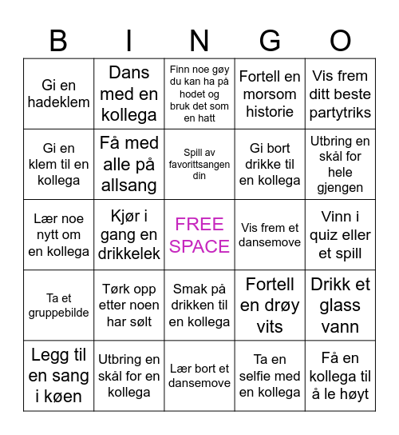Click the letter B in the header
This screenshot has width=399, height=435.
point(58,40)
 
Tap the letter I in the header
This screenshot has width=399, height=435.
point(129,40)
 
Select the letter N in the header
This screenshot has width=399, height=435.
point(199,40)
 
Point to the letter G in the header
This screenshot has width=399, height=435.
point(270,40)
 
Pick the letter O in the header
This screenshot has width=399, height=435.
point(341,40)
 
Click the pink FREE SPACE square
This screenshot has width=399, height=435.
point(199,235)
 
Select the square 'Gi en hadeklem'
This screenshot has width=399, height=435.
point(58,94)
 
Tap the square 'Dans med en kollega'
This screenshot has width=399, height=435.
point(129,94)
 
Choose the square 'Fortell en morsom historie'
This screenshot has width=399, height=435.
point(270,94)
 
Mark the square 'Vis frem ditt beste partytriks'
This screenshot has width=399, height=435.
point(341,94)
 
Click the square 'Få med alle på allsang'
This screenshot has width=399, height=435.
point(129,164)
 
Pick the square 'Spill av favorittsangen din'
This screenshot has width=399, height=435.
point(199,164)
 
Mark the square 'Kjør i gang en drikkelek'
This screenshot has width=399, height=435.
point(129,235)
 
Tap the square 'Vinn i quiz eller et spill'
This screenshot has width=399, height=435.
point(341,235)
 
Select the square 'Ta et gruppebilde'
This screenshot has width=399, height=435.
point(58,305)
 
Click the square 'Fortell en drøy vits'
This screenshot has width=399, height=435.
point(270,305)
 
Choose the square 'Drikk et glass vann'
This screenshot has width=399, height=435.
point(341,305)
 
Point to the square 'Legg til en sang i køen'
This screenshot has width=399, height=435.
point(58,376)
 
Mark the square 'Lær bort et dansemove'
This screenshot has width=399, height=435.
point(199,376)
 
